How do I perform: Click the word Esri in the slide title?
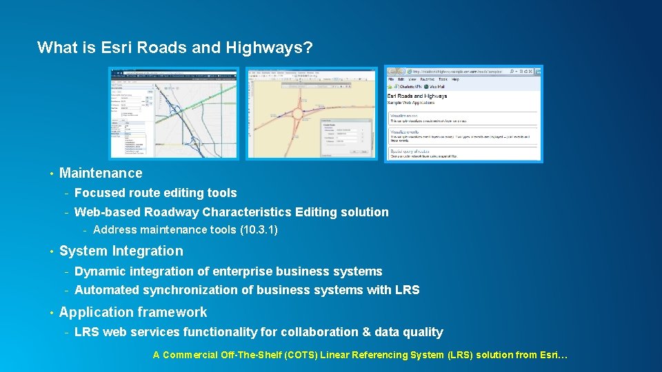pyautogui.click(x=114, y=48)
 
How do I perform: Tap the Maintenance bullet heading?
pyautogui.click(x=101, y=174)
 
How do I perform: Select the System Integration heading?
pyautogui.click(x=121, y=251)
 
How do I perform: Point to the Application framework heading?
pyautogui.click(x=133, y=313)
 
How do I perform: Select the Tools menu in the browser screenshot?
pyautogui.click(x=443, y=80)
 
